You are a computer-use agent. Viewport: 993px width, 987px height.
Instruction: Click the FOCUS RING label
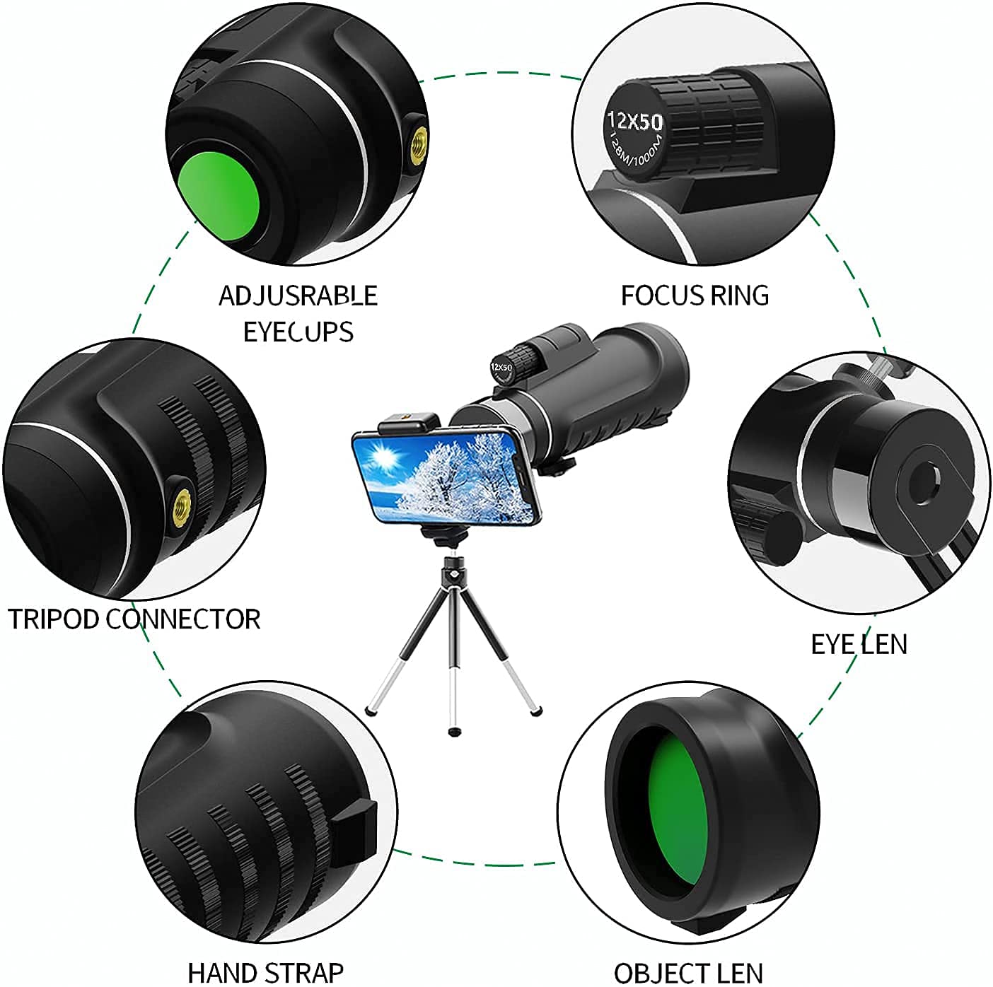pyautogui.click(x=695, y=295)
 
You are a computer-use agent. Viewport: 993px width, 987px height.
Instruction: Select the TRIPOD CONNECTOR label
pyautogui.click(x=134, y=619)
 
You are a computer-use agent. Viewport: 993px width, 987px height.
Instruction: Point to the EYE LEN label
pyautogui.click(x=859, y=644)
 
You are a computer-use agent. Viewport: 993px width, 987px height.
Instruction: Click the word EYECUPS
pyautogui.click(x=298, y=332)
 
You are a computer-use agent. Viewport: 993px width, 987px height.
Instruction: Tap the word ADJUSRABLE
pyautogui.click(x=298, y=296)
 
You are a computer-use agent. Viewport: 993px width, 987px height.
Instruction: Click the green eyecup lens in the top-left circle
pyautogui.click(x=218, y=197)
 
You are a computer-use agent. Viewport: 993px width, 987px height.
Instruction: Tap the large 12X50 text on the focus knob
pyautogui.click(x=635, y=121)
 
